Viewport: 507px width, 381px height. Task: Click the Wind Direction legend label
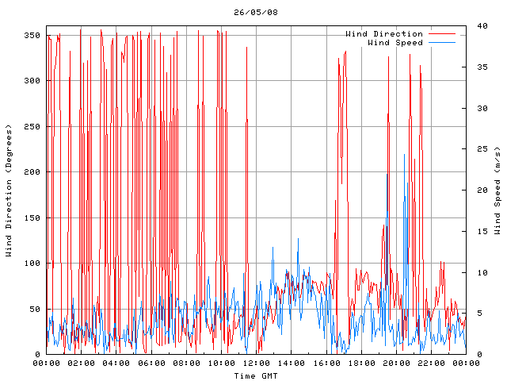pos(384,33)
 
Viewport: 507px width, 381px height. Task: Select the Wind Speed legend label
pos(395,42)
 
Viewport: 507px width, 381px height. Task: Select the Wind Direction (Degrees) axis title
pos(9,190)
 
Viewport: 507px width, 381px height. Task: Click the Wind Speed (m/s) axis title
pos(497,190)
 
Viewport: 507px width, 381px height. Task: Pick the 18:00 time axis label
pos(360,363)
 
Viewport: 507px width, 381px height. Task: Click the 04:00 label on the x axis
pos(116,363)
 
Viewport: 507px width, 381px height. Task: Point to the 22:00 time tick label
pos(430,363)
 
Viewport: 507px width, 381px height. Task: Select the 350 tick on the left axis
pos(32,36)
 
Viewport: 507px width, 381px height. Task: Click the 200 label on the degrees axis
pos(32,172)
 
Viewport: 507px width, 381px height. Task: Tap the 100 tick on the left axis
pos(32,264)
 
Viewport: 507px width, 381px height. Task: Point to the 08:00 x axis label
pos(186,363)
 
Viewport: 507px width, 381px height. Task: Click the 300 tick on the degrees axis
pos(32,81)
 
